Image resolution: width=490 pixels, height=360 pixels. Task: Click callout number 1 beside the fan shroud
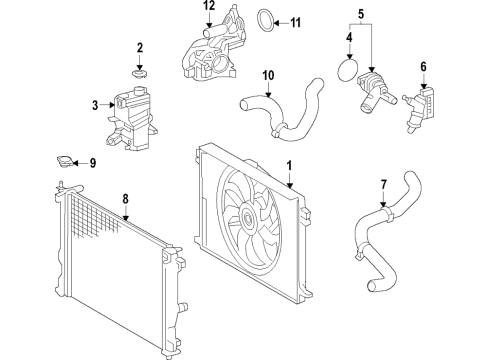(x=289, y=166)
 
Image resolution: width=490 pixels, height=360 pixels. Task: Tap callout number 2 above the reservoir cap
(x=140, y=47)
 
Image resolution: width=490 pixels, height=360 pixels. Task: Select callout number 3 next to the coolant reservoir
(x=94, y=104)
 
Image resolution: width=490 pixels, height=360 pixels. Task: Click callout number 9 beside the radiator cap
(x=93, y=162)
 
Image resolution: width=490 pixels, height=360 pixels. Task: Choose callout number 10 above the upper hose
(x=268, y=74)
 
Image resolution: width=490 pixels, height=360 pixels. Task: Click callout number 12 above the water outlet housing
(x=209, y=8)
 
